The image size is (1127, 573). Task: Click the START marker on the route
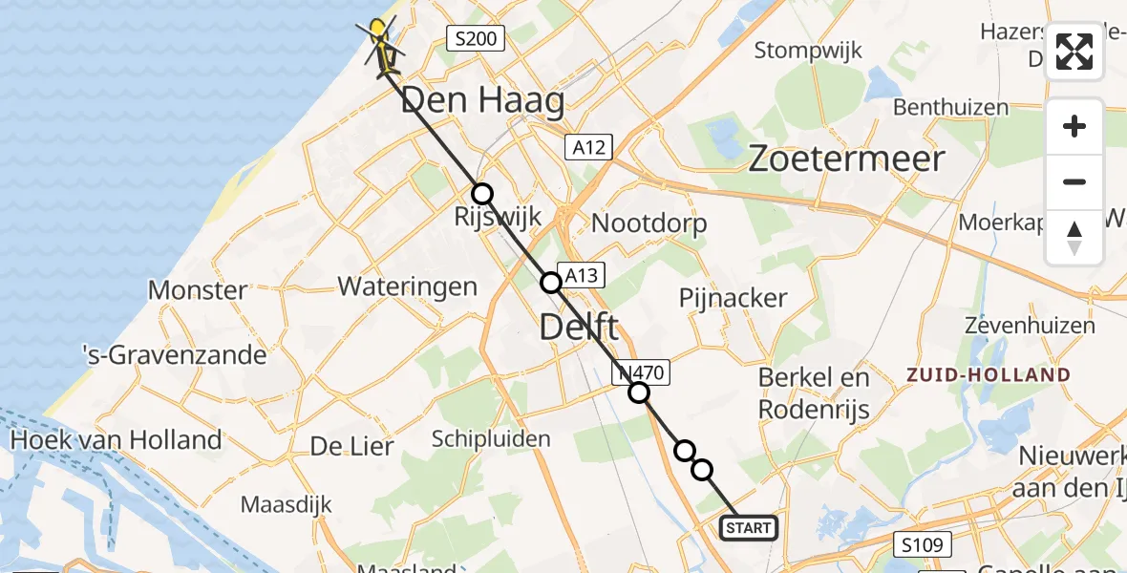coord(749,528)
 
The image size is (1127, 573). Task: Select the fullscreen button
coord(1074,52)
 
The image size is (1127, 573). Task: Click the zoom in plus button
coord(1074,126)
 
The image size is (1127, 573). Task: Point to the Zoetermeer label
coord(846,159)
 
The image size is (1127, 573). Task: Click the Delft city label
coord(579,328)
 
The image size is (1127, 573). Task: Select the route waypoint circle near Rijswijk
coord(482,194)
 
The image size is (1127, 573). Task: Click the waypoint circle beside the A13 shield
coord(551,283)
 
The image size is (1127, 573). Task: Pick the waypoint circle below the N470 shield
coord(639,393)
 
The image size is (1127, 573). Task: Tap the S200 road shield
coord(476,39)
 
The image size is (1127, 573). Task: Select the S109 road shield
coord(925,546)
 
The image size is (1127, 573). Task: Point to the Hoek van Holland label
coord(116,440)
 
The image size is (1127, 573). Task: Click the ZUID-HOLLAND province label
coord(989,374)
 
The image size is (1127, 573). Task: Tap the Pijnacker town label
coord(733,297)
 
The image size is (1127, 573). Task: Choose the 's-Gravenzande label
coord(173,355)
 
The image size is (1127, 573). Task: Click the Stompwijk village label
coord(808,50)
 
